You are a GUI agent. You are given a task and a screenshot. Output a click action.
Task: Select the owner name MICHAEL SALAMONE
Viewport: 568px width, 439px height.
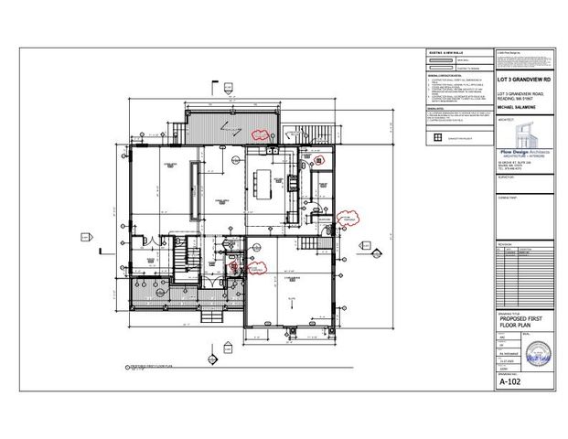[516, 107]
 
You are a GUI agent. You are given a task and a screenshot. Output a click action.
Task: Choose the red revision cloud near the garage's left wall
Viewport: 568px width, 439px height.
[257, 266]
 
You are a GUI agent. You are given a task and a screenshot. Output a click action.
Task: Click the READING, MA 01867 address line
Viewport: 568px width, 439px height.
[513, 98]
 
